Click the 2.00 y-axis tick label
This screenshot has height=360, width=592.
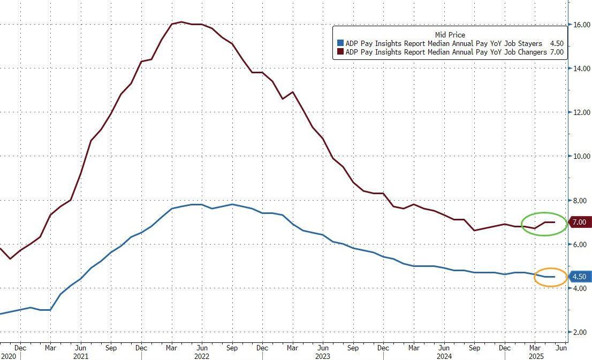point(580,332)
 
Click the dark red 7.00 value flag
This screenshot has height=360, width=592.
point(579,222)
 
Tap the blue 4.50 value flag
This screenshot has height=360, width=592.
point(579,277)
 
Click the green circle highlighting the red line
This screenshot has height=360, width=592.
point(544,223)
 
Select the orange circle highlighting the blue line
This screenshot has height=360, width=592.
point(550,277)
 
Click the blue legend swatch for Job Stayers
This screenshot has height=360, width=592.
point(339,43)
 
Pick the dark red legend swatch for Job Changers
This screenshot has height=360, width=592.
point(339,52)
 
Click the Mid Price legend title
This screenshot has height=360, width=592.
point(450,35)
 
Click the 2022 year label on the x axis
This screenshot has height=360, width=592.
point(202,356)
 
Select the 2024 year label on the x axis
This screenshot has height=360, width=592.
point(444,356)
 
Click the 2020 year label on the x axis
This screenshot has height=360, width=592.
point(8,356)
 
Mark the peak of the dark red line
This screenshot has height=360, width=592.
point(181,22)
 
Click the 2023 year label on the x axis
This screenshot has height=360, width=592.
point(323,356)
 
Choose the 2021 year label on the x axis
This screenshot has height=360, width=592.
point(80,356)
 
